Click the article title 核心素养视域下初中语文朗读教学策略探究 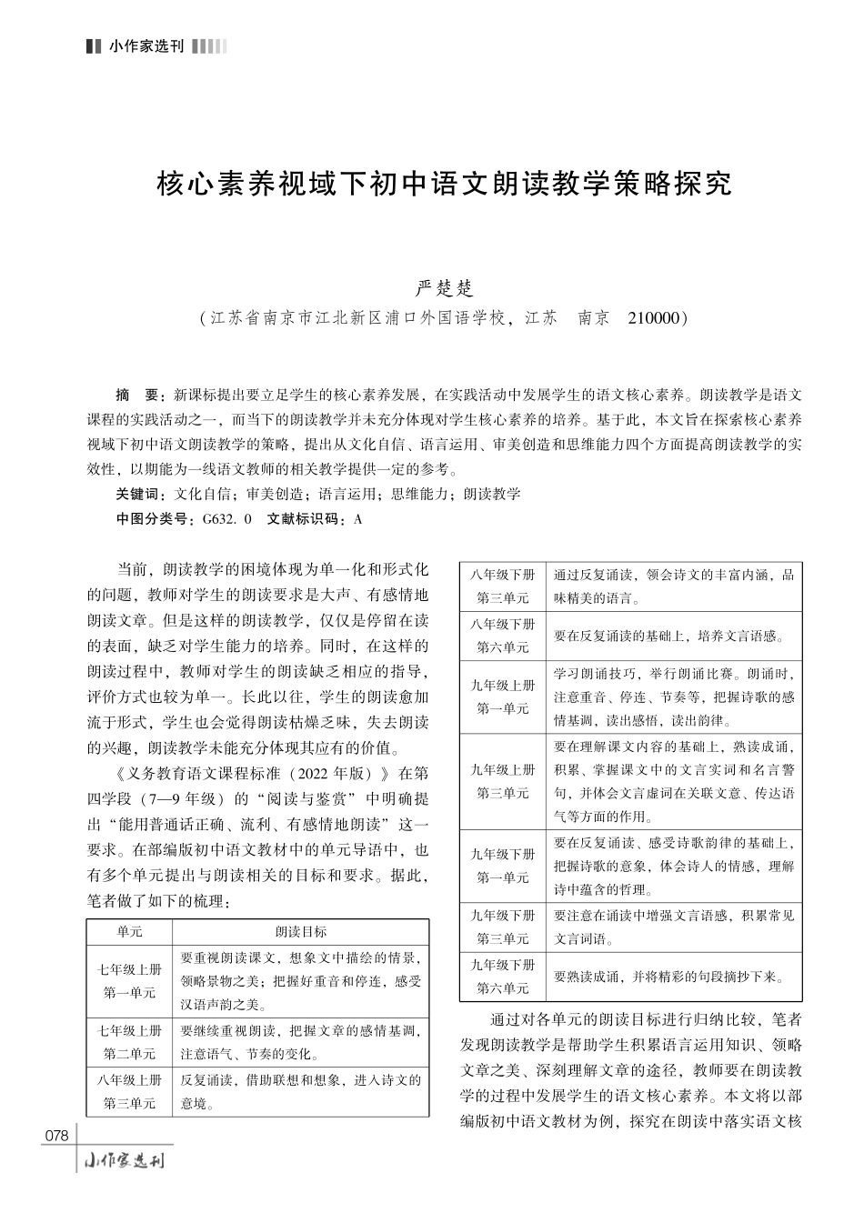pos(444,185)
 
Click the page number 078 pos(56,1136)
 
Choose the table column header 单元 pos(129,932)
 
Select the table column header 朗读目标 pos(300,932)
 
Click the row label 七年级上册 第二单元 pos(129,1042)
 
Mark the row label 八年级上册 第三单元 pos(129,1091)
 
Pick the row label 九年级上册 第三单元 pos(503,781)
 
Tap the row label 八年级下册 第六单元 pos(503,636)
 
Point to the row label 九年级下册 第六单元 pos(503,976)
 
